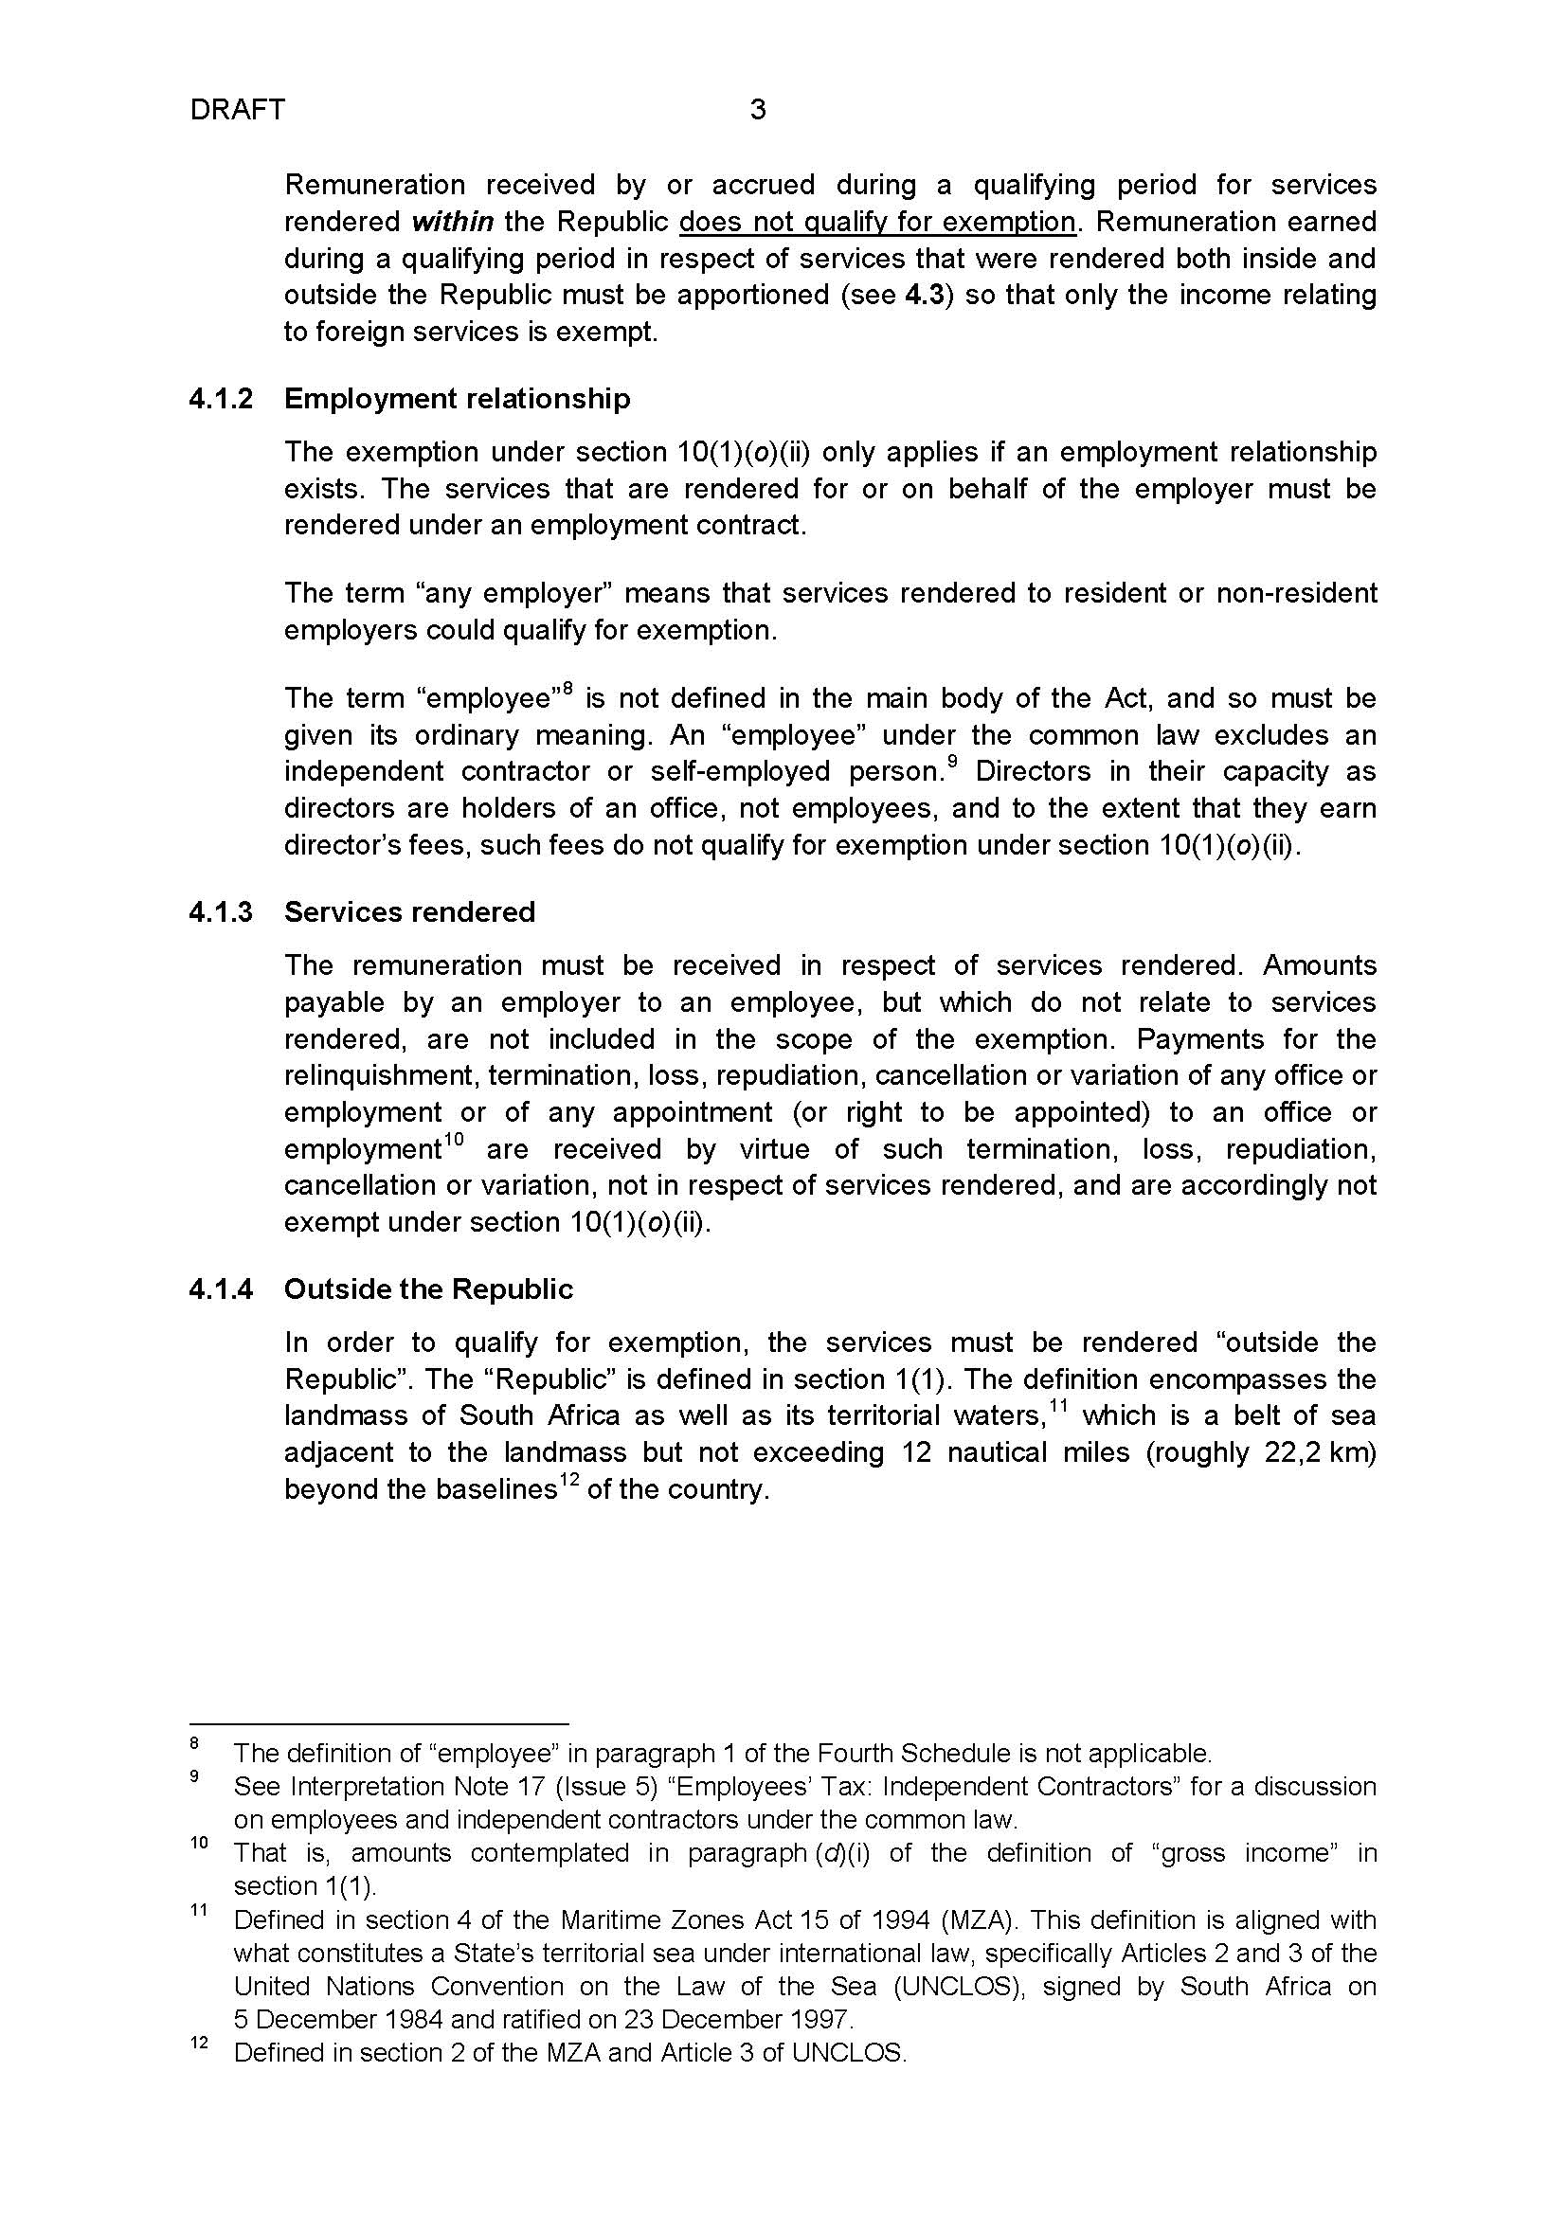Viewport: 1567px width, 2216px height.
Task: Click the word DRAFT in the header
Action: pos(238,110)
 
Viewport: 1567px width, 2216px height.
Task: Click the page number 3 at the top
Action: pos(758,110)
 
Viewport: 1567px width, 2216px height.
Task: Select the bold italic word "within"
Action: pos(453,222)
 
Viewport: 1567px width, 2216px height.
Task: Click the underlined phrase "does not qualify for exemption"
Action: pos(877,222)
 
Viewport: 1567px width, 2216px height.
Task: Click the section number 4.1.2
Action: pos(221,399)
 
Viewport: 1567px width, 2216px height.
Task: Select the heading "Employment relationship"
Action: pos(457,399)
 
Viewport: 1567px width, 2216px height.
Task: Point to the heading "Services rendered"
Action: pos(409,912)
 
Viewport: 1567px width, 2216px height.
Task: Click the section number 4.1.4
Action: pos(221,1289)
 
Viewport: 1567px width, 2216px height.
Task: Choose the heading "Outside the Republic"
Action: pos(428,1289)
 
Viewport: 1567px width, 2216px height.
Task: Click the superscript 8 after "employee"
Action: pos(568,689)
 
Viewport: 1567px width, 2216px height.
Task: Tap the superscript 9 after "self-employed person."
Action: pos(952,763)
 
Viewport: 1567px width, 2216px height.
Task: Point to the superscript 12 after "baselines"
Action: pos(571,1481)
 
